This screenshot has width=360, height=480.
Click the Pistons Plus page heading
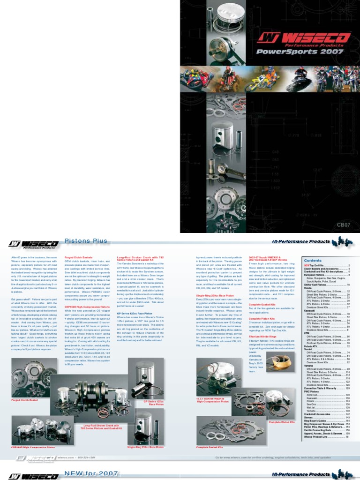pos(86,241)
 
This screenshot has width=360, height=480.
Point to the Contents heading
pos(313,260)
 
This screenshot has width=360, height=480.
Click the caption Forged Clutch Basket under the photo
pos(24,400)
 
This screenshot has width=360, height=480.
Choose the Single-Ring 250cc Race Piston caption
pos(145,447)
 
